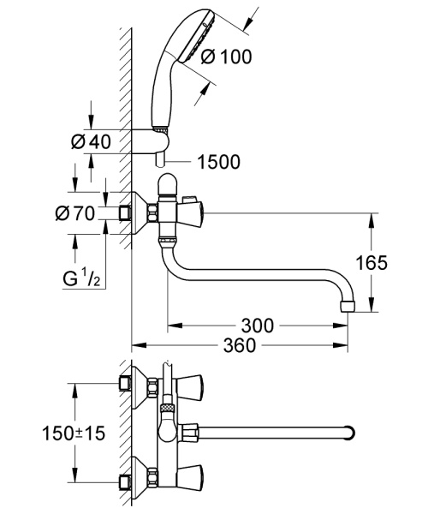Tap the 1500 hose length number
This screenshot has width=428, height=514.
pos(217,160)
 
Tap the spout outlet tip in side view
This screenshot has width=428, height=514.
pos(347,306)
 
